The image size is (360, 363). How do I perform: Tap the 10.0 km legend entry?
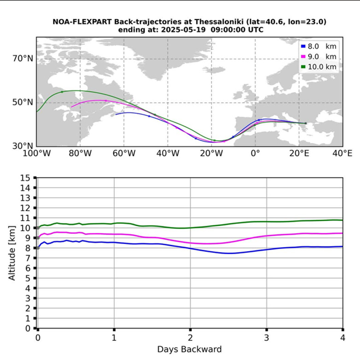(x=319, y=67)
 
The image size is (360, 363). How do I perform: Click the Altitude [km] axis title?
(x=12, y=253)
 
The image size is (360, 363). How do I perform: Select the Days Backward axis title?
(x=189, y=349)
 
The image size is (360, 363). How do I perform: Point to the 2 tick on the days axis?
(x=190, y=337)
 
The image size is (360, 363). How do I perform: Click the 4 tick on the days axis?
(x=343, y=337)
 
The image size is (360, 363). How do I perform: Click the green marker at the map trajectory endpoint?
(x=305, y=123)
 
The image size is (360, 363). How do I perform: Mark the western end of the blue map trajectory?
(x=116, y=114)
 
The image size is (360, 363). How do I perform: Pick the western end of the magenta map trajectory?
(x=71, y=107)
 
